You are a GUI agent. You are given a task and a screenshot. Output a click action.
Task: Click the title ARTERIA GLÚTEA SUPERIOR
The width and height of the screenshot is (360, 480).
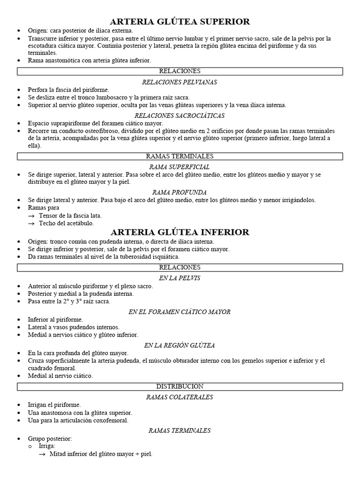tap(180, 22)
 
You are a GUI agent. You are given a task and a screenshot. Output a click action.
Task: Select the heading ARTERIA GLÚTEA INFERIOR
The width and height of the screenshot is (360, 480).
tap(180, 232)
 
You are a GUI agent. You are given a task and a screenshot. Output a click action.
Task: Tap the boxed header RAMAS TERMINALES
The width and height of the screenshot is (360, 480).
tap(180, 156)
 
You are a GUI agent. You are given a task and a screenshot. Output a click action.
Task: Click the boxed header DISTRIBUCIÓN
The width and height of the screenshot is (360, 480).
tap(180, 386)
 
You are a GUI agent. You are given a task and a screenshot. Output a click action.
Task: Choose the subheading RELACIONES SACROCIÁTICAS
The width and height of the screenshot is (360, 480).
tap(180, 115)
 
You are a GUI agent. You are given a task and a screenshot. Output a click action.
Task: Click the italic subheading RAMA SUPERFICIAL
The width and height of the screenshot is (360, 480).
tap(180, 167)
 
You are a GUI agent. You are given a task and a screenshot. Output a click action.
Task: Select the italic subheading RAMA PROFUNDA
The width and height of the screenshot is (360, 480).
tap(180, 192)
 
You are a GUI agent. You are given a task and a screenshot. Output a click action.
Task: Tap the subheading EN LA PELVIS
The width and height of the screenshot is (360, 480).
tap(180, 278)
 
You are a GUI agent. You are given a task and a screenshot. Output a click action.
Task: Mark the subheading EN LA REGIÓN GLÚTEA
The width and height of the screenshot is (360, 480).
tap(180, 345)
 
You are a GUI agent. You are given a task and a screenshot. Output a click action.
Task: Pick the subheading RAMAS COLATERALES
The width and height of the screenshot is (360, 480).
tap(180, 397)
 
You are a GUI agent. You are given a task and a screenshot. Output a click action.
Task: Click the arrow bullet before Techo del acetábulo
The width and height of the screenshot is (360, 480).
tap(31, 224)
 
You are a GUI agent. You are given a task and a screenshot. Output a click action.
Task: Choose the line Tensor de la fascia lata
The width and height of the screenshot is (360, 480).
tap(70, 216)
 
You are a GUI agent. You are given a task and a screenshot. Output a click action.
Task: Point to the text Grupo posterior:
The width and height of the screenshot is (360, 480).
tap(50, 439)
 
